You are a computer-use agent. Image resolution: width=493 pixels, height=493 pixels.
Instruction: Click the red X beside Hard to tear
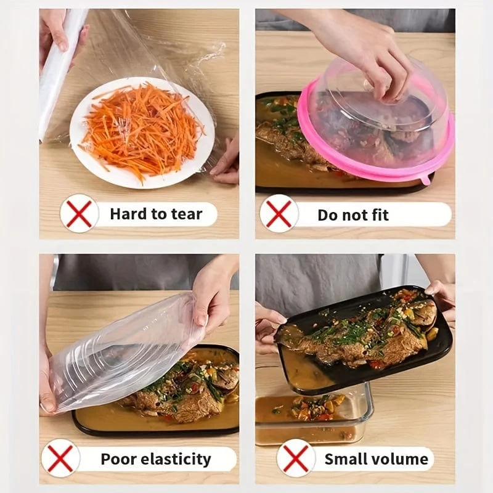(x=79, y=214)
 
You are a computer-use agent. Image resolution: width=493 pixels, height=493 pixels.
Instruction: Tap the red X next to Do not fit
(x=279, y=214)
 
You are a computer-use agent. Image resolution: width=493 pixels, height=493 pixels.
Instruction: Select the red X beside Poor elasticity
(x=60, y=458)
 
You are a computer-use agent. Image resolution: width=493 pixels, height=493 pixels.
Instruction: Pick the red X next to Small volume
(x=296, y=458)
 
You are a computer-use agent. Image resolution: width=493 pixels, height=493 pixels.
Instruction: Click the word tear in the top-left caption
(x=187, y=214)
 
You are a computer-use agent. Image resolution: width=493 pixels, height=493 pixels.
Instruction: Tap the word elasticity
(x=176, y=459)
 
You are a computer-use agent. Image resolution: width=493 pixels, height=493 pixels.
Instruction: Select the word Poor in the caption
(x=118, y=459)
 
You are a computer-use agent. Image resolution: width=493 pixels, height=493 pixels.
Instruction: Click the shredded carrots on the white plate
(x=141, y=130)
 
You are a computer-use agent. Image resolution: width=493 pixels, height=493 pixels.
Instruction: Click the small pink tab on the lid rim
(x=426, y=181)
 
